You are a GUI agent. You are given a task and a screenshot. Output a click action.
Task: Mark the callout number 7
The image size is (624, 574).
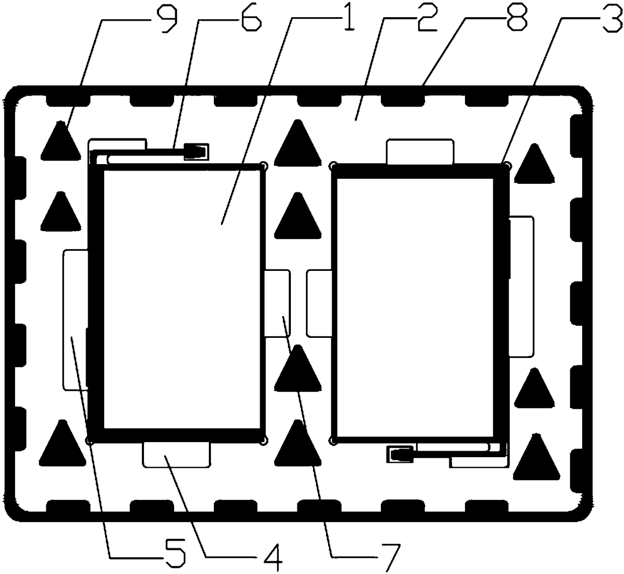coord(389,554)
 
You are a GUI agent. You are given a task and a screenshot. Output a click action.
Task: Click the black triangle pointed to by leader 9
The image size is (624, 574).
coord(60,142)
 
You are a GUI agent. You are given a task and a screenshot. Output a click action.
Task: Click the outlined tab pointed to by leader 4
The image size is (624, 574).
coord(177,455)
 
